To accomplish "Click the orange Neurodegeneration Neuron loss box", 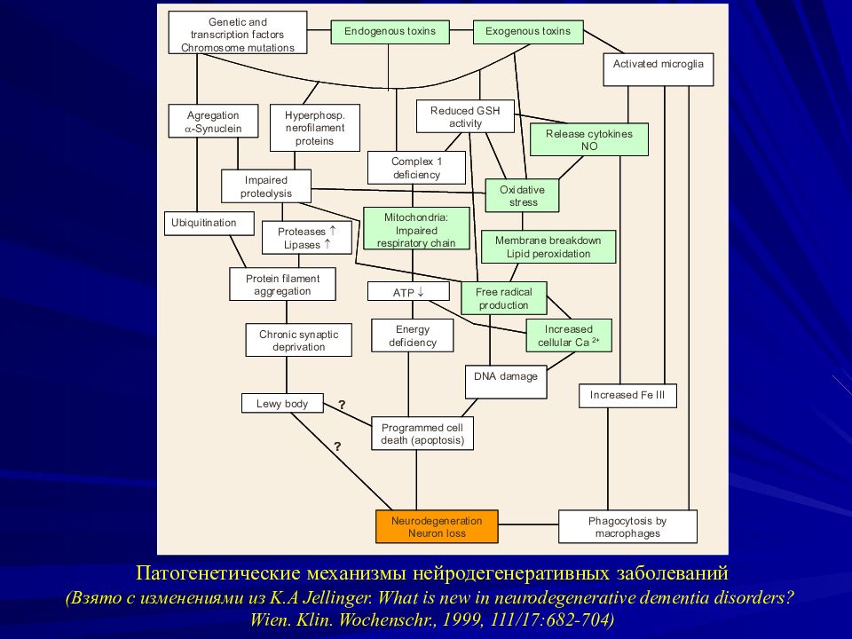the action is pos(437,526).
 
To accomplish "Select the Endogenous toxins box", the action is pos(390,32).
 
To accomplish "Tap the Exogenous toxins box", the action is pos(528,32).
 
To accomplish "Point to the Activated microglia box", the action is pos(658,69).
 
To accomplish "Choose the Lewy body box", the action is pos(282,404).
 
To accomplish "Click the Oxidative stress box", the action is pos(522,195).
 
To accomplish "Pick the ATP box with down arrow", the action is pos(408,292).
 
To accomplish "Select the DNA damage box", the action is pos(506,382).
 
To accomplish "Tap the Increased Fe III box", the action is pos(627,396).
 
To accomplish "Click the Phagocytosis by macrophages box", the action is pos(627,526).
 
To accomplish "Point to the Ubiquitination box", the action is pos(209,223).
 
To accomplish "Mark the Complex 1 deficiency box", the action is pos(417,168).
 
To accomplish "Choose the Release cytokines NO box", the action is pos(589,139).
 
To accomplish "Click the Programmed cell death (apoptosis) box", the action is pos(422,434).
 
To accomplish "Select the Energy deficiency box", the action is pos(413,335).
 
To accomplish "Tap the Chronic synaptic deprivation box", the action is pos(298,340).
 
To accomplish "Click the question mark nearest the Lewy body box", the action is pos(342,405).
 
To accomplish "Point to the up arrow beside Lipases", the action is pos(327,244).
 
